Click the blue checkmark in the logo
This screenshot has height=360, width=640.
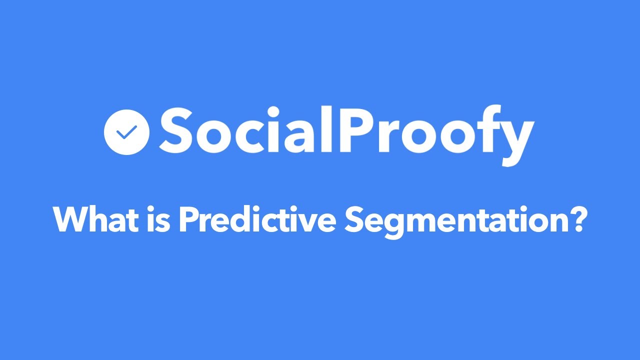tap(126, 132)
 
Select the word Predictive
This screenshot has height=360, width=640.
tap(256, 219)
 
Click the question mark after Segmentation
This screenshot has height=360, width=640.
tap(575, 219)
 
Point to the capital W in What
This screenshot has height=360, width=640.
tap(68, 219)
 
